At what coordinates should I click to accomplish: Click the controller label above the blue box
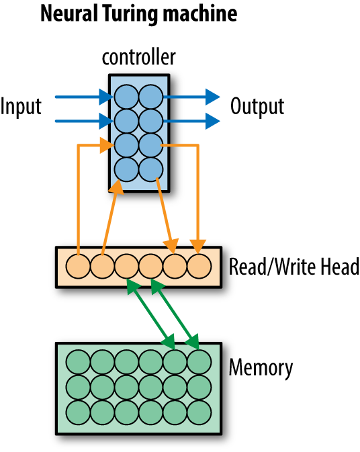coord(139,57)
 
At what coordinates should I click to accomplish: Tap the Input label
coord(21,106)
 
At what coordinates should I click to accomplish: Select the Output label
coord(257,106)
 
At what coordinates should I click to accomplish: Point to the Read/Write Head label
coord(294,267)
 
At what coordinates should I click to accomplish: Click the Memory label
coord(261,368)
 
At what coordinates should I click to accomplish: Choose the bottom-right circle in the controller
coord(150,168)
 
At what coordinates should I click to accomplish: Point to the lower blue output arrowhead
coord(213,121)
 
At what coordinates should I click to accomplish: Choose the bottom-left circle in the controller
coord(126,168)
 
